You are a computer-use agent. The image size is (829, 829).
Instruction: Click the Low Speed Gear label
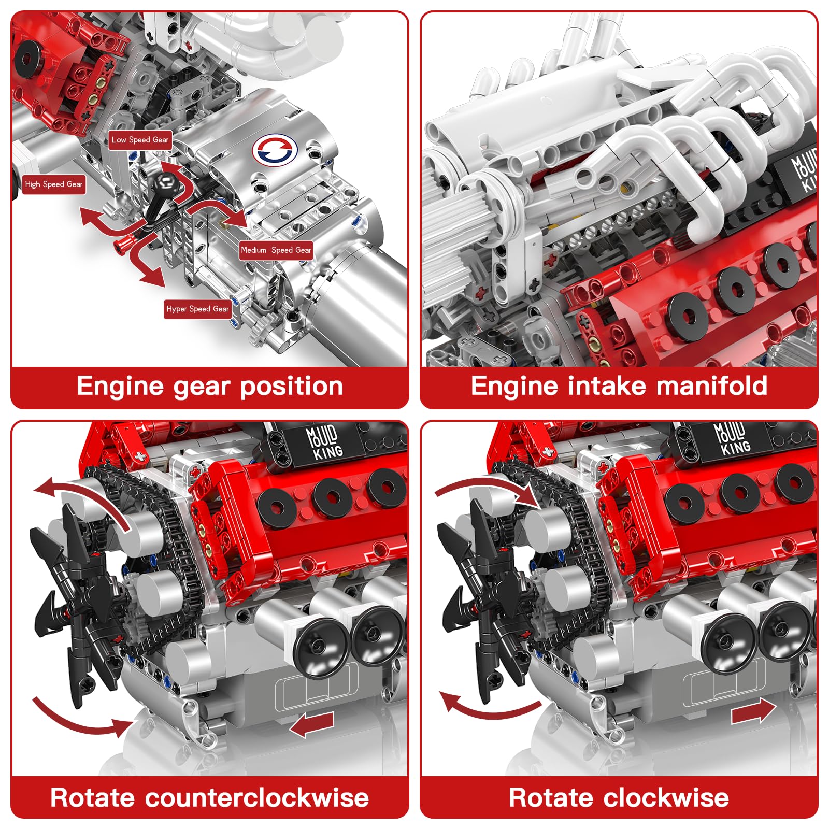tap(140, 140)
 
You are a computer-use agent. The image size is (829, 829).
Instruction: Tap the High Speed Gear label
tap(53, 184)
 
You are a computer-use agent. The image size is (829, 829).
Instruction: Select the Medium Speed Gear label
tap(276, 250)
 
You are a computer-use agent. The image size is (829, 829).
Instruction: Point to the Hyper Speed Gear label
tap(197, 309)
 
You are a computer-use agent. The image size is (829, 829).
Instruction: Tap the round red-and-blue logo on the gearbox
tap(275, 151)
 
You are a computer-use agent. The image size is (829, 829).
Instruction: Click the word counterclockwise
tap(257, 798)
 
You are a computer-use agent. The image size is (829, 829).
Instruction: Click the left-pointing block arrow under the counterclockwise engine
tap(312, 724)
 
